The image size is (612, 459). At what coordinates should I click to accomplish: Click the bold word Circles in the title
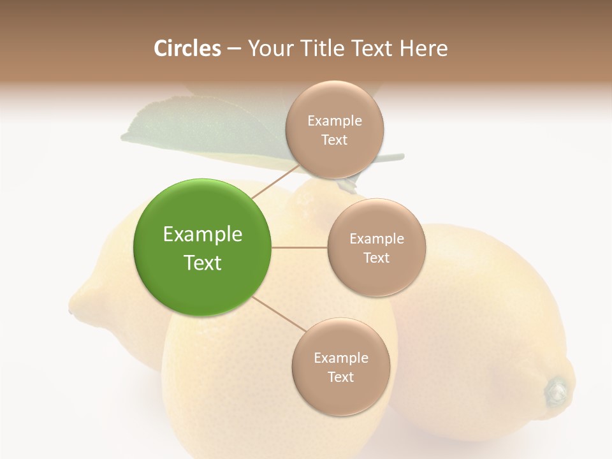pyautogui.click(x=187, y=48)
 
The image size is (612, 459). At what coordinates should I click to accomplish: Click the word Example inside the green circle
pyautogui.click(x=203, y=235)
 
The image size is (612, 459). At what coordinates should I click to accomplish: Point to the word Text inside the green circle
pyautogui.click(x=203, y=263)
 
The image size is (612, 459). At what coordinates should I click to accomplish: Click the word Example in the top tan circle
pyautogui.click(x=335, y=121)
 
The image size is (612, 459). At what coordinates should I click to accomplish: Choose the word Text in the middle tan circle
pyautogui.click(x=376, y=258)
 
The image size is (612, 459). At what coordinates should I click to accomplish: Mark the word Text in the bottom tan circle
pyautogui.click(x=341, y=377)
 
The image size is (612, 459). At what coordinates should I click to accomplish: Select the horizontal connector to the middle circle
pyautogui.click(x=299, y=247)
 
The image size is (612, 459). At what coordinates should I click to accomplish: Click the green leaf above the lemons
pyautogui.click(x=191, y=131)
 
